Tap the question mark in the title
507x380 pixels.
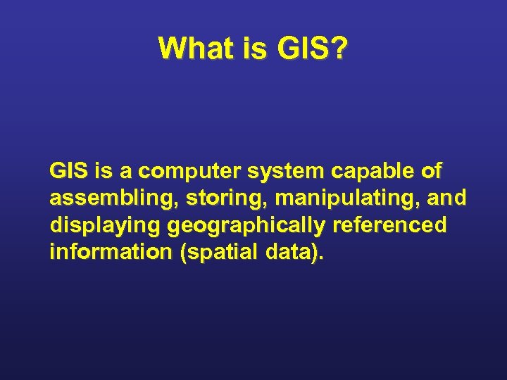338,49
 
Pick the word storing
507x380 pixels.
227,199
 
